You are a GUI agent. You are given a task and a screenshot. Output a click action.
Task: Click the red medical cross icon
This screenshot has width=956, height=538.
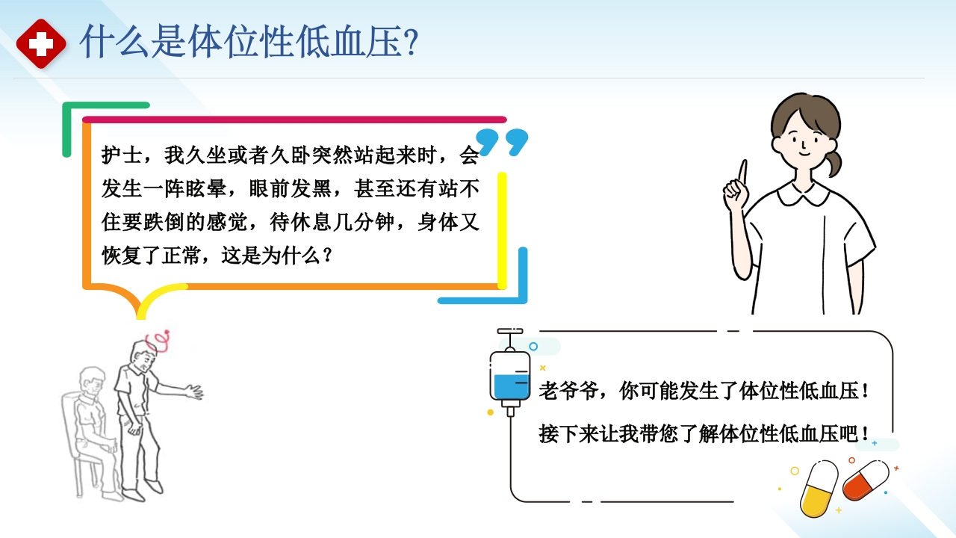tap(41, 43)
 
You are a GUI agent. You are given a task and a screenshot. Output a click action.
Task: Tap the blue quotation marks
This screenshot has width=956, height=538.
tap(502, 142)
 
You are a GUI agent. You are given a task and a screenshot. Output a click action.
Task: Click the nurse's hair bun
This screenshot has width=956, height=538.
tap(834, 162)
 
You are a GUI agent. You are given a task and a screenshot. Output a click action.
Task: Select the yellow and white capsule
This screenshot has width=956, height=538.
tap(819, 489)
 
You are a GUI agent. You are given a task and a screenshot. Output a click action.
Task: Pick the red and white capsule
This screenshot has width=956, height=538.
tap(866, 480)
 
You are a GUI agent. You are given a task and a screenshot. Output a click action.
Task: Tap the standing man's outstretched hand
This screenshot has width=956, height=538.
tap(193, 391)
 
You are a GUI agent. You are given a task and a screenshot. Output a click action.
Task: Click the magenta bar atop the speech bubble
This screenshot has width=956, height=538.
tap(294, 120)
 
